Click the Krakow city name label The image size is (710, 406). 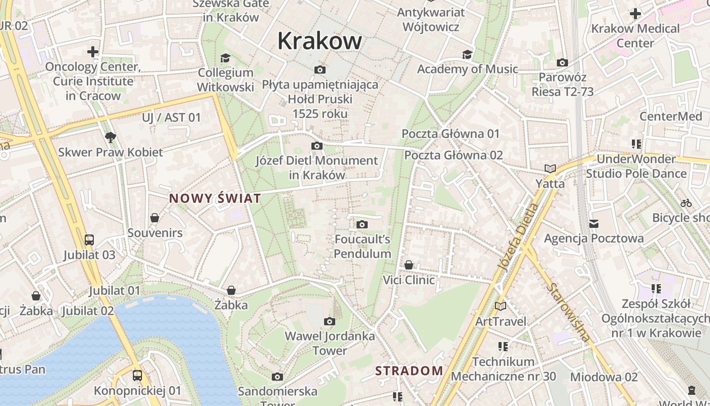[319, 41]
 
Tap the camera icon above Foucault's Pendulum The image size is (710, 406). [362, 224]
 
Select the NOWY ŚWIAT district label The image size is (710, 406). [215, 198]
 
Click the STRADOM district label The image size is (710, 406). [409, 371]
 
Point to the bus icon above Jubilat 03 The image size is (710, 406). [89, 240]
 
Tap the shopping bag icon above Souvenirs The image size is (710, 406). [155, 218]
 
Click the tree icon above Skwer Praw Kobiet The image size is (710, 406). [110, 137]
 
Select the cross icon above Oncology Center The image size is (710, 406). [92, 52]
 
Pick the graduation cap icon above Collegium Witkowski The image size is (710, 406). [225, 58]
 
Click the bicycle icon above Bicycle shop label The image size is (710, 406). [686, 203]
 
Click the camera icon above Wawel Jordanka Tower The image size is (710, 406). [330, 321]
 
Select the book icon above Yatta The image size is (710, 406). [550, 168]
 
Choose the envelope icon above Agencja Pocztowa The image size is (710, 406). [594, 223]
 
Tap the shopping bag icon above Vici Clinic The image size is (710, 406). [409, 265]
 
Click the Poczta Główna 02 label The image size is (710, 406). [453, 155]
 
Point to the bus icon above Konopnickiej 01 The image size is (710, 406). [137, 376]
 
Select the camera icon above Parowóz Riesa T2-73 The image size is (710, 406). [562, 62]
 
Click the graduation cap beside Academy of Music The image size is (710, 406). [467, 54]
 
